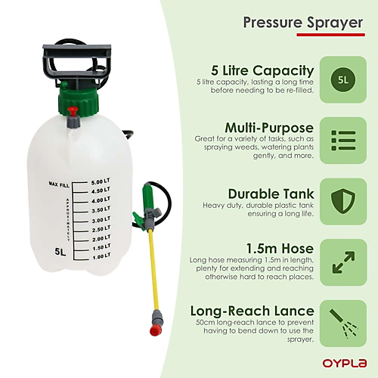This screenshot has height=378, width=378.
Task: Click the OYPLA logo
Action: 345,363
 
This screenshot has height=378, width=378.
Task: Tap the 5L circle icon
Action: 343,80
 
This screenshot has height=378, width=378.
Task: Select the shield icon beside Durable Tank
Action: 343,201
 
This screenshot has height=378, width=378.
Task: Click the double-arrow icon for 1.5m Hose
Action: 343,262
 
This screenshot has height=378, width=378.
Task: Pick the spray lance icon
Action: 343,324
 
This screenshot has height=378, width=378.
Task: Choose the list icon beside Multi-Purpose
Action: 343,141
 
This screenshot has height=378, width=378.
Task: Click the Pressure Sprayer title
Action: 303,23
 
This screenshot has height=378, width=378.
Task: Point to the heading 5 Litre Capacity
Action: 262,70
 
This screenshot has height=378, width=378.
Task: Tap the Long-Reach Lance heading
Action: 252,311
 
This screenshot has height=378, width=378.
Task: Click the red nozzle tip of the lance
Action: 156,330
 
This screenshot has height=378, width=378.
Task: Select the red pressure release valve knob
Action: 73,110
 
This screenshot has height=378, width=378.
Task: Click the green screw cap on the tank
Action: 78,101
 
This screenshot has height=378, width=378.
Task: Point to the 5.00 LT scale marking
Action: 101,181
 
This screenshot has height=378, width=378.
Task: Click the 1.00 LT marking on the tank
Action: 101,256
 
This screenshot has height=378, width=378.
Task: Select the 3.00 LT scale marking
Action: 101,220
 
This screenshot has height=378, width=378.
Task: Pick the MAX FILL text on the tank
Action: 59,184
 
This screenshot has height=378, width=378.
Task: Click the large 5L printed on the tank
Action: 60,252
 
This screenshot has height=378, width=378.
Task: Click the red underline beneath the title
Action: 330,35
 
